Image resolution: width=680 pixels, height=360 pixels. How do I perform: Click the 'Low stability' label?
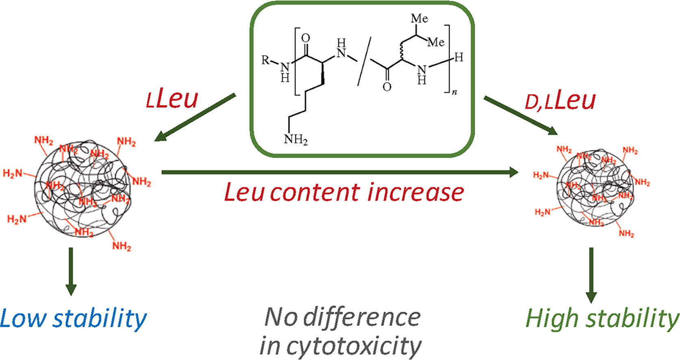click(73, 319)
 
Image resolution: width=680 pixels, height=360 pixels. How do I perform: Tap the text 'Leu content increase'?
click(344, 192)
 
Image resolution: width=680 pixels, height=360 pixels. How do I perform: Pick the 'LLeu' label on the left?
click(172, 100)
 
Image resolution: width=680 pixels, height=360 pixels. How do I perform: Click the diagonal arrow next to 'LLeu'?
click(195, 118)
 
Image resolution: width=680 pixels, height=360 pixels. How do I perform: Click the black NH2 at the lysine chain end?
click(295, 139)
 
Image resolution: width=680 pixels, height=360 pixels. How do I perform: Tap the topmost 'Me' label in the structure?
click(419, 18)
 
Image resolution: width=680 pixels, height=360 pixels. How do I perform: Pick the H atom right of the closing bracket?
click(458, 58)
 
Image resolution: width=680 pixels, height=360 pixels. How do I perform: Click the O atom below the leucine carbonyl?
click(387, 87)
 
